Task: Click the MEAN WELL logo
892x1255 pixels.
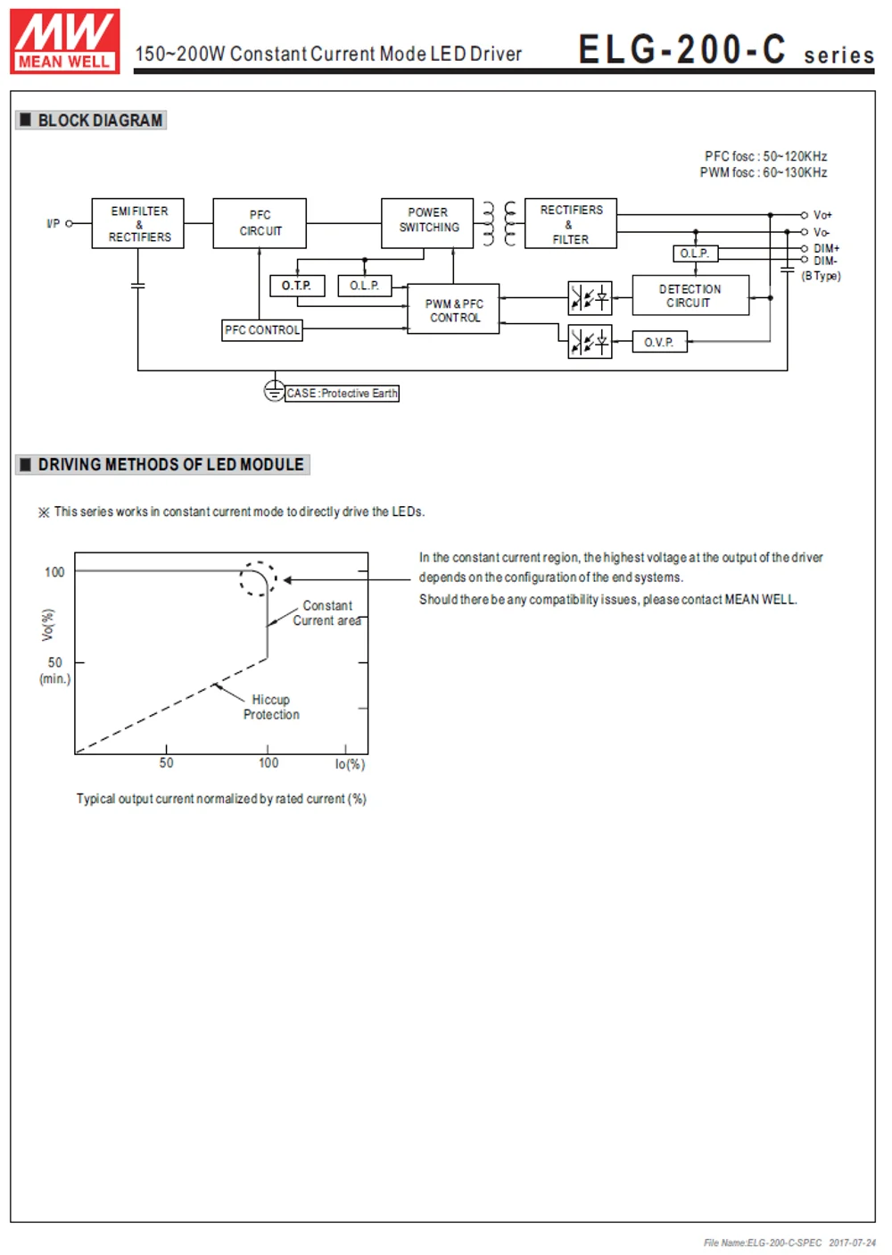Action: coord(64,41)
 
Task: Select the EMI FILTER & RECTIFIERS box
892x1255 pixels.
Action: coord(138,224)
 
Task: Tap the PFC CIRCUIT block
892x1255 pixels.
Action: coord(260,223)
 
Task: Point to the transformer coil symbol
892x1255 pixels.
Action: coord(499,223)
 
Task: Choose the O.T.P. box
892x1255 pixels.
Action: coord(297,286)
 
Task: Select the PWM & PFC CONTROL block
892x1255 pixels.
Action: coord(453,310)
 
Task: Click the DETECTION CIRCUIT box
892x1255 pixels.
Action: coord(690,295)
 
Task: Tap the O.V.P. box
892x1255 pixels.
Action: coord(659,342)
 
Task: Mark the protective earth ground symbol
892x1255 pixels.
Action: coord(274,391)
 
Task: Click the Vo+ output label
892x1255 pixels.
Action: coord(822,215)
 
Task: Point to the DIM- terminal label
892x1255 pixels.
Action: coord(824,261)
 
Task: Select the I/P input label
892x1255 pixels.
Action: coord(54,223)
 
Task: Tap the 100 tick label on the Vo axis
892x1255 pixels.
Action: coord(54,572)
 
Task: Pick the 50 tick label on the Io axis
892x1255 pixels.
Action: coord(167,763)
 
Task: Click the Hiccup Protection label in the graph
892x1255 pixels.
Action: coord(271,707)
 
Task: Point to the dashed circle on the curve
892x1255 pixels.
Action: coord(259,578)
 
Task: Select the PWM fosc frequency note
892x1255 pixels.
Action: coord(763,172)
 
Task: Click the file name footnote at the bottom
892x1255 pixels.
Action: coord(789,1243)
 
